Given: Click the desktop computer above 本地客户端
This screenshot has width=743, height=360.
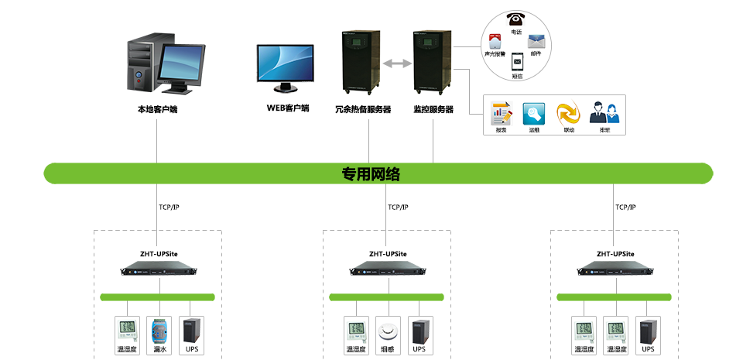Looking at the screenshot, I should tap(164, 66).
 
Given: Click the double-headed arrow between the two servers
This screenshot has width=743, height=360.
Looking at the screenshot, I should tap(396, 63).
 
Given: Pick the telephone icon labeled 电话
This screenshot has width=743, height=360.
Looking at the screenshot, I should tap(516, 19).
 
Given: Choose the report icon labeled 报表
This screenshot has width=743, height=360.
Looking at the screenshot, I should tap(502, 113).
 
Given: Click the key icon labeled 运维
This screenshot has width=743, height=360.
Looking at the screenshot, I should tap(535, 113).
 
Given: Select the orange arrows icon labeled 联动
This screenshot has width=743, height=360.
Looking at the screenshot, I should tap(569, 113).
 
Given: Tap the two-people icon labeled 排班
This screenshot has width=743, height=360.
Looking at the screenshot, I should tap(604, 113).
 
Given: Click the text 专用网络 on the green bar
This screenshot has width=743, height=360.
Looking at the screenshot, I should tap(371, 173).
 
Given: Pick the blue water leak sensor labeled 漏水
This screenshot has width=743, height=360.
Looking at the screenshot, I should tap(159, 331).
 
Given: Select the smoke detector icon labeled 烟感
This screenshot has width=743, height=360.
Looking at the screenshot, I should tap(388, 331).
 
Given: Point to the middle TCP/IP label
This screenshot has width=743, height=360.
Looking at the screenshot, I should tap(398, 207).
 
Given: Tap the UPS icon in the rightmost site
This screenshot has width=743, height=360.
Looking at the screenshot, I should tap(648, 331).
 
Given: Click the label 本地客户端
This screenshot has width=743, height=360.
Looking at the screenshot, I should tap(158, 109).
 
